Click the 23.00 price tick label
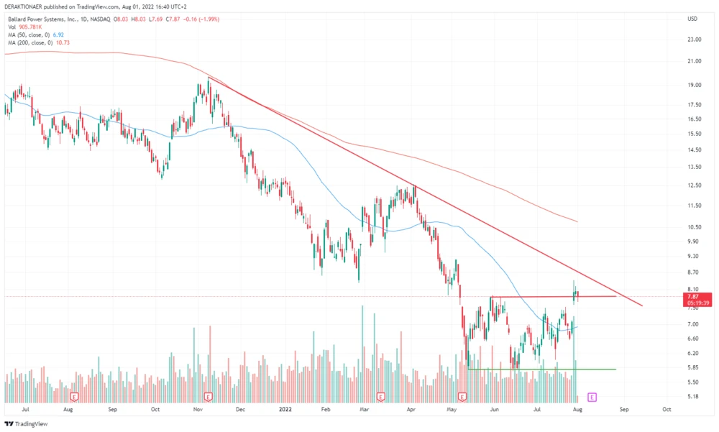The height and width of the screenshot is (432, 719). pos(693,40)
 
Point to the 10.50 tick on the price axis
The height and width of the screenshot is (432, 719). pos(693,227)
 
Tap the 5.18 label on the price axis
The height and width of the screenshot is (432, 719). pos(692,396)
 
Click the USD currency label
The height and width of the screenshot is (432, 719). pos(693,19)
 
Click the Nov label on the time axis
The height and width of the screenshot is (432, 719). pos(198,408)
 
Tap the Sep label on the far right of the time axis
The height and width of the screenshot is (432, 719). pos(624,408)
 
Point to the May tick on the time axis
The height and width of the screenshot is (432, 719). pos(452,408)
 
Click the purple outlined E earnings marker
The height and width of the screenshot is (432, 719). pos(592,396)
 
